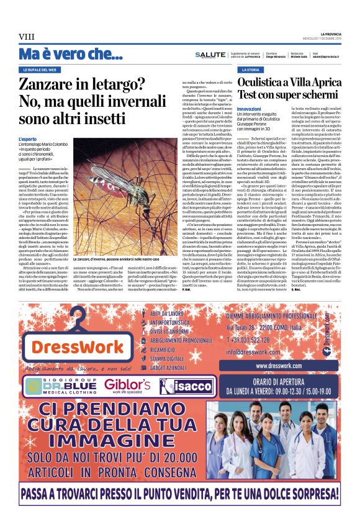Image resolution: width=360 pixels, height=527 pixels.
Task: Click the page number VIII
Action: tap(26, 37)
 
